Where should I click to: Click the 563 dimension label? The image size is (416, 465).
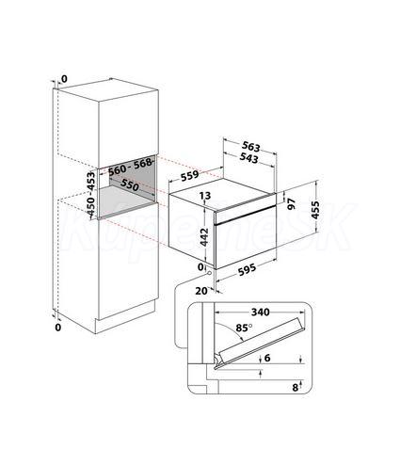click(251, 147)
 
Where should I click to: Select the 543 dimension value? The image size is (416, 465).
click(248, 157)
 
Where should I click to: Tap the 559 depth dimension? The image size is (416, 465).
click(190, 176)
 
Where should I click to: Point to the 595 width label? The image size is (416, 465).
click(247, 269)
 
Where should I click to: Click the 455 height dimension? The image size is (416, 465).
click(315, 210)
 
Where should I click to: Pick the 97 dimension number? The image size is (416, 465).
click(292, 204)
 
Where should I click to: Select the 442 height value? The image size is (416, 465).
click(204, 237)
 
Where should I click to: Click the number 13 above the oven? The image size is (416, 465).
click(205, 196)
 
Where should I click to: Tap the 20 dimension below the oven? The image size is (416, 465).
click(201, 291)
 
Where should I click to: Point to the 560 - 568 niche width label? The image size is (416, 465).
click(130, 168)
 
